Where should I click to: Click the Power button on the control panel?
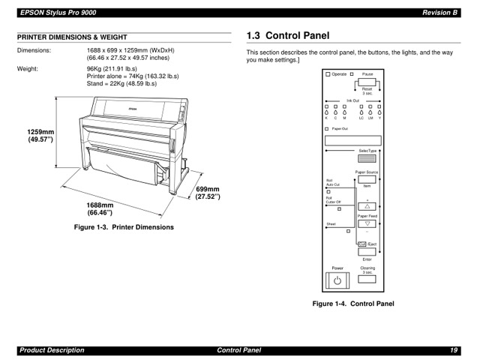pyautogui.click(x=337, y=281)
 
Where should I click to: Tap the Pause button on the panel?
pyautogui.click(x=367, y=82)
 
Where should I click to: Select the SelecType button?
pyautogui.click(x=367, y=158)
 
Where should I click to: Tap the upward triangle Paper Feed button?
pyautogui.click(x=367, y=206)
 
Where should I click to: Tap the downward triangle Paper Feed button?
pyautogui.click(x=367, y=223)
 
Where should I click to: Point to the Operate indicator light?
pyautogui.click(x=328, y=74)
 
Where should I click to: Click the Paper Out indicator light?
pyautogui.click(x=327, y=129)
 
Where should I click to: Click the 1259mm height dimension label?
pyautogui.click(x=42, y=136)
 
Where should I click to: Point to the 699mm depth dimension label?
pyautogui.click(x=208, y=193)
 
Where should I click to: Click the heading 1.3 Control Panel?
pyautogui.click(x=287, y=35)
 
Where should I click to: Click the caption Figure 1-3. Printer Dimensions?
pyautogui.click(x=123, y=226)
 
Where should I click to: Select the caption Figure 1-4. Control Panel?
pyautogui.click(x=352, y=304)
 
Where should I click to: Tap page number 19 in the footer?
pyautogui.click(x=454, y=350)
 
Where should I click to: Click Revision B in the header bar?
pyautogui.click(x=439, y=12)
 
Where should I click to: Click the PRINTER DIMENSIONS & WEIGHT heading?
pyautogui.click(x=72, y=37)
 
